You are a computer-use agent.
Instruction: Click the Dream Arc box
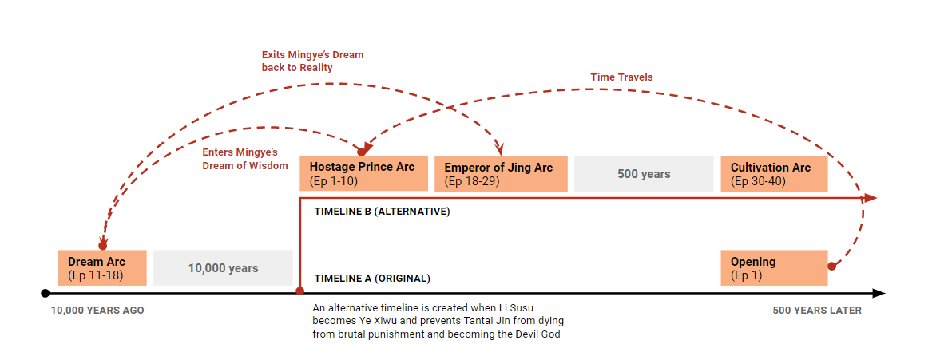point(102,267)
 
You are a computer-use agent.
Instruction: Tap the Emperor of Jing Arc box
point(501,174)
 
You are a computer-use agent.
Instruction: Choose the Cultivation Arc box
point(774,174)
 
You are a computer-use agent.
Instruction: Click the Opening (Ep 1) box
point(774,267)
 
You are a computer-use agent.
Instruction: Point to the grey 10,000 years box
point(223,268)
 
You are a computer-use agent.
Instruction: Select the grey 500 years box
point(644,174)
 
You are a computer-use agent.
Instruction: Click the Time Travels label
point(621,77)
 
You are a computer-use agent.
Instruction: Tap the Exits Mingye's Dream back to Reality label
point(312,61)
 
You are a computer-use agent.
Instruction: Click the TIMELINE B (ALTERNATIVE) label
point(382,212)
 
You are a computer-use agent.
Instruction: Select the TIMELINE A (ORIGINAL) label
point(372,279)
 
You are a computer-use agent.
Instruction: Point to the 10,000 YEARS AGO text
point(97,311)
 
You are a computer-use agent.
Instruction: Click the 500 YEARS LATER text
point(817,311)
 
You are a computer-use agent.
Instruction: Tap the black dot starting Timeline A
point(46,293)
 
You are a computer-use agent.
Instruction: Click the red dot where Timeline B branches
point(299,293)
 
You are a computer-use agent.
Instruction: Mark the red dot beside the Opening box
point(832,266)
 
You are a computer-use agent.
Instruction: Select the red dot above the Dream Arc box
point(102,246)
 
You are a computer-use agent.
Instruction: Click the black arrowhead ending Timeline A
point(879,293)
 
